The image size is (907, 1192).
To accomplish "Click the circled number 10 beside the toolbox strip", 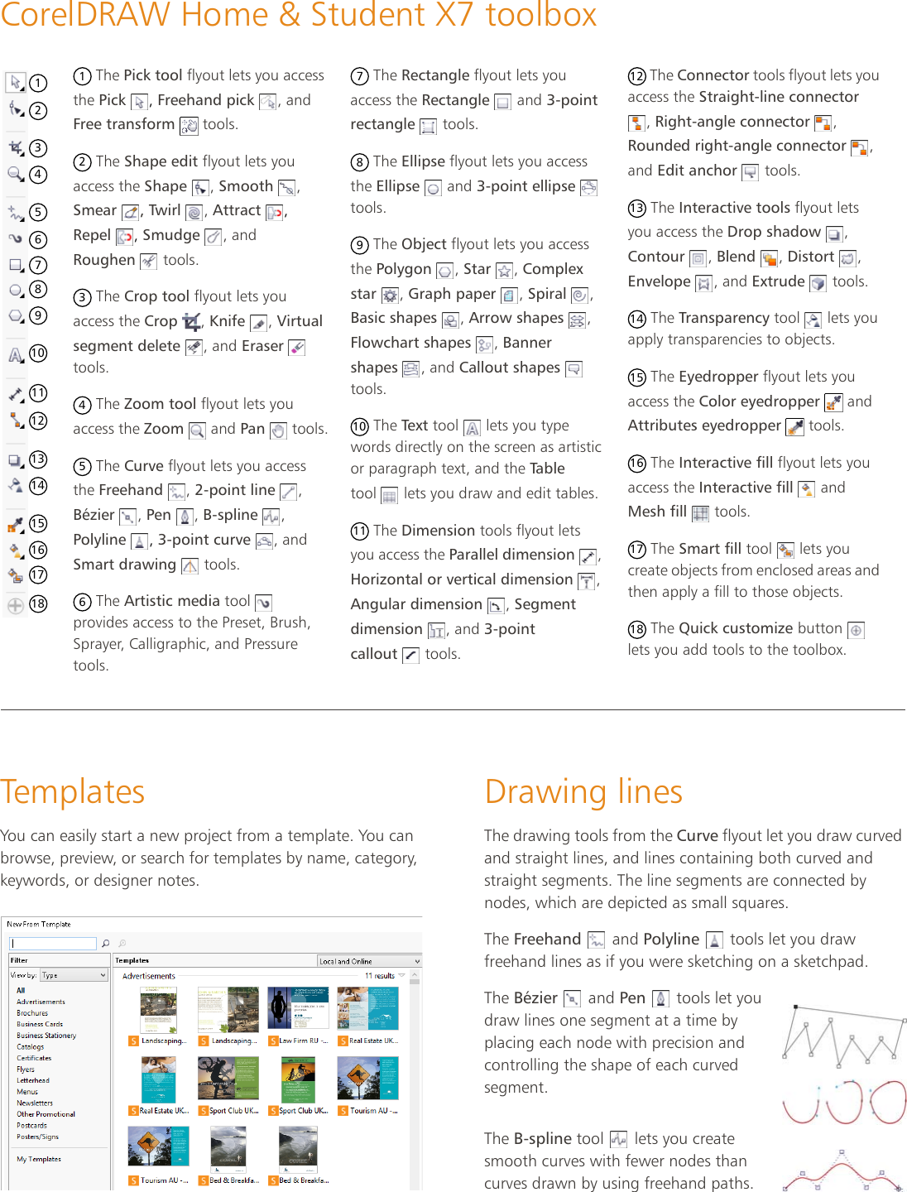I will (38, 353).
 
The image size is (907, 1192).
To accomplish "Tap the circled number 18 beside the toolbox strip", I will (38, 604).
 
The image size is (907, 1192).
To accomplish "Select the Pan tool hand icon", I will (279, 430).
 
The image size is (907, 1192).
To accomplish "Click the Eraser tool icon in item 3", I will (296, 348).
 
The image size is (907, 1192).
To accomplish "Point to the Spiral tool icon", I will (579, 296).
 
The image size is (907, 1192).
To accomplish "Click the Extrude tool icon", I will (818, 283).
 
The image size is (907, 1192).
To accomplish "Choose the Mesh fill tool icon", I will (700, 513).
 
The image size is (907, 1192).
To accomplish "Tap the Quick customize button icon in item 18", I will (857, 630).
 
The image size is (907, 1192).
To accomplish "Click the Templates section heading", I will (73, 791).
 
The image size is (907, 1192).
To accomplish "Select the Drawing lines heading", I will (583, 791).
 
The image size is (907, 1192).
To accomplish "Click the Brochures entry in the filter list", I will (32, 1013).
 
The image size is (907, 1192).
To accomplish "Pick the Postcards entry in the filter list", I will (31, 1126).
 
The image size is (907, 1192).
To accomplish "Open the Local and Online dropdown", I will (369, 961).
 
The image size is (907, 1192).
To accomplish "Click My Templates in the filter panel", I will (39, 1159).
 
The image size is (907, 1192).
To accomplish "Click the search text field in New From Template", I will (53, 944).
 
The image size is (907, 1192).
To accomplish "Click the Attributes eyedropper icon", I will (794, 427).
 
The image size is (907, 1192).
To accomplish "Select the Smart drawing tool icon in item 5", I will (190, 566).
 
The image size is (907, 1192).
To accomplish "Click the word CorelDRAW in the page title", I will (83, 15).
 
